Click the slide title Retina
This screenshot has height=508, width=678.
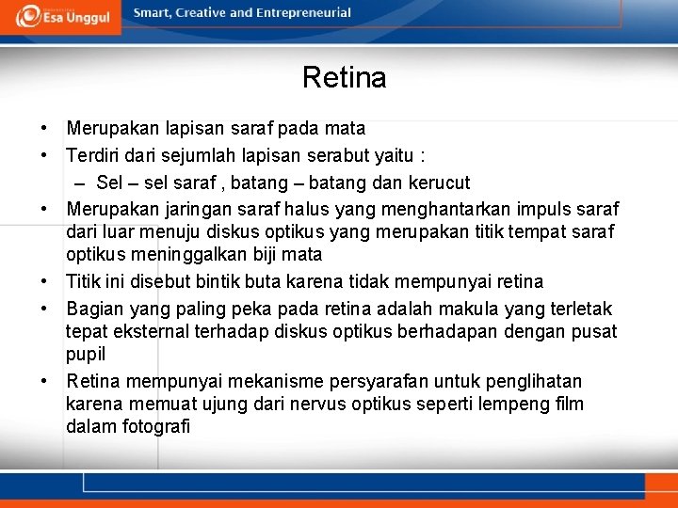coord(344,77)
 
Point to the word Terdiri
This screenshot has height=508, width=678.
coord(93,155)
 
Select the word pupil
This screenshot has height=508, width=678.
coord(86,354)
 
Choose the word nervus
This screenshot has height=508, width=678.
coord(314,404)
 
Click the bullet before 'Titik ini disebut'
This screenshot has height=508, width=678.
coord(44,281)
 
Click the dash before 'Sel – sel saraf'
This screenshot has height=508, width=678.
coord(79,183)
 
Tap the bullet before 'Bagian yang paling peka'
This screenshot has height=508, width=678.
coord(44,309)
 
